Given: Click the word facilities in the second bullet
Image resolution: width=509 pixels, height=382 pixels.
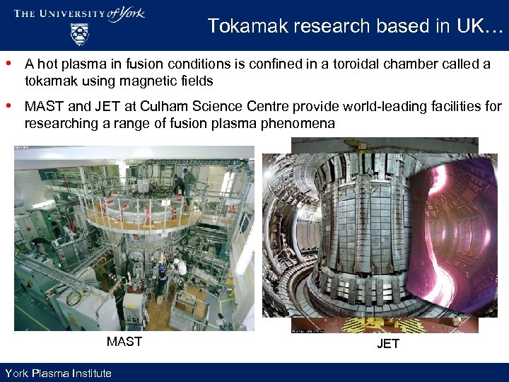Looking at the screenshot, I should tap(447, 107).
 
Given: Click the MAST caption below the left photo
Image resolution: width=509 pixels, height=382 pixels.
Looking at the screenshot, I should tap(124, 342).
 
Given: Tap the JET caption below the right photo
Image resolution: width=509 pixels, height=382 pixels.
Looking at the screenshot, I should tap(388, 344).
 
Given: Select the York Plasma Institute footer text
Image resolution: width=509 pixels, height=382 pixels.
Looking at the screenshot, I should tap(58, 373).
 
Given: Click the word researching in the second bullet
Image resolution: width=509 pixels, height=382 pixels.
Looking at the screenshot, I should tap(57, 124).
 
